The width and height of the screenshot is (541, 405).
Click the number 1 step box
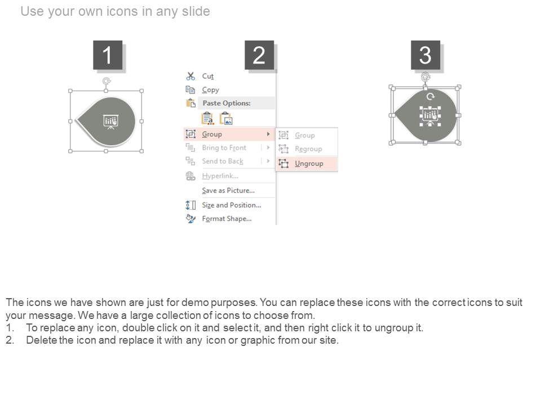point(108,55)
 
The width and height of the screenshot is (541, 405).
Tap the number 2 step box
point(259,55)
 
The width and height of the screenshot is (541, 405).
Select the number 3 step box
point(425,55)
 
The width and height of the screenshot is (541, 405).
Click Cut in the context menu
point(208,76)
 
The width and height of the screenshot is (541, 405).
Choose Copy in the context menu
point(210,90)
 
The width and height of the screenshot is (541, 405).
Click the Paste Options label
point(227,103)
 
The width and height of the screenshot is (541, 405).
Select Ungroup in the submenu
point(309,164)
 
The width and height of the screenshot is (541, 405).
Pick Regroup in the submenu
point(308,148)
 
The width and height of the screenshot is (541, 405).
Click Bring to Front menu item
point(224,148)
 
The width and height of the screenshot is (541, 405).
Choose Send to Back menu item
point(223,161)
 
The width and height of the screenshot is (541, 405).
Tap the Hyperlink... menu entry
point(220,176)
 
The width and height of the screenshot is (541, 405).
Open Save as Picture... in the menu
point(228,191)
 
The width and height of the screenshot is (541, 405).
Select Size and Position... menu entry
point(232,205)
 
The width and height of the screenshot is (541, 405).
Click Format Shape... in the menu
point(227,219)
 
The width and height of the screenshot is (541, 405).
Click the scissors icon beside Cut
point(190,76)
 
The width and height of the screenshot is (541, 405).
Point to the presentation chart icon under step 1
point(111,121)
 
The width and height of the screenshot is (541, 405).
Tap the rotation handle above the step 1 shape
point(107,81)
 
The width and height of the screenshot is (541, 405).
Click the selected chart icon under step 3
point(430,116)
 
